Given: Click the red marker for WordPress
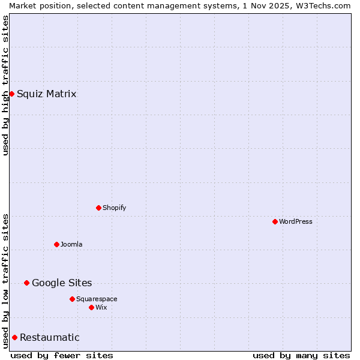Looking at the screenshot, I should pyautogui.click(x=275, y=221).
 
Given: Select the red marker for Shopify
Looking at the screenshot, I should pyautogui.click(x=98, y=208).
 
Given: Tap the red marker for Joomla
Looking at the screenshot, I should pyautogui.click(x=56, y=244).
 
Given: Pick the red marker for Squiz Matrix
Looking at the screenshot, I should pyautogui.click(x=11, y=94).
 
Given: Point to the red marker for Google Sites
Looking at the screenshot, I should pyautogui.click(x=26, y=283).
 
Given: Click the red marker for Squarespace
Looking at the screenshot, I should pyautogui.click(x=72, y=299).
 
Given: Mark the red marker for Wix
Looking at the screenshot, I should pyautogui.click(x=91, y=307).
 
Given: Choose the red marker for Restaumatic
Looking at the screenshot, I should pyautogui.click(x=14, y=337).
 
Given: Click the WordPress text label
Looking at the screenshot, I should pyautogui.click(x=296, y=221).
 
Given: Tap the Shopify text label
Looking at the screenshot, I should pyautogui.click(x=115, y=208).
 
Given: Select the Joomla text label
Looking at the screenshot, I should pyautogui.click(x=71, y=244).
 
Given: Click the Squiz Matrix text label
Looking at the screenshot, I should pyautogui.click(x=47, y=94).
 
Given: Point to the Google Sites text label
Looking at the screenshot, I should pyautogui.click(x=62, y=283).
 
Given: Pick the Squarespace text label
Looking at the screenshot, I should pyautogui.click(x=97, y=299).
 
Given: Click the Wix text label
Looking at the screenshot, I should pyautogui.click(x=101, y=307).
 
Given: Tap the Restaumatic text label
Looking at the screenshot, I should pyautogui.click(x=50, y=337).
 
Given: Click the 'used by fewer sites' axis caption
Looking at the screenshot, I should pyautogui.click(x=62, y=355).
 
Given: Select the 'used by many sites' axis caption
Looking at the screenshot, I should pyautogui.click(x=301, y=355).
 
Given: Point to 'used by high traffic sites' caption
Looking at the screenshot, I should pyautogui.click(x=5, y=85).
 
